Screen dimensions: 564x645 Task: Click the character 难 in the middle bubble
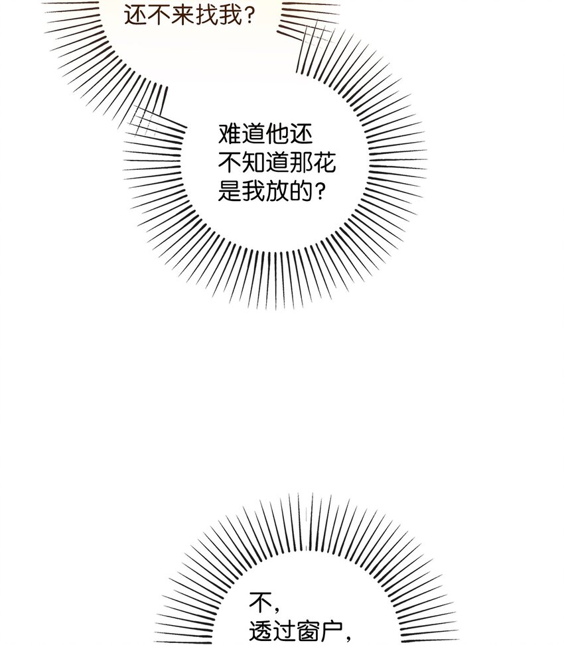[230, 134]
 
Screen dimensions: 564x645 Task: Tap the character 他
[277, 134]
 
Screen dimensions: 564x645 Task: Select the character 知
[253, 163]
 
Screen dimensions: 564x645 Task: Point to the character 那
[301, 163]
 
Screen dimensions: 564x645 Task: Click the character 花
[325, 163]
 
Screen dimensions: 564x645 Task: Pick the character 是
[230, 191]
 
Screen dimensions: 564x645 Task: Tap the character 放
[277, 191]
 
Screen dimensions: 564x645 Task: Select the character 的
[301, 191]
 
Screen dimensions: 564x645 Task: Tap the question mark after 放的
[320, 192]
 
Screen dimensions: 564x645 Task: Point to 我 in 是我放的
[253, 191]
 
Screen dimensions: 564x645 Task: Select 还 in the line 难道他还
[301, 134]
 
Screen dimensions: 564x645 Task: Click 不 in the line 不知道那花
[230, 163]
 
